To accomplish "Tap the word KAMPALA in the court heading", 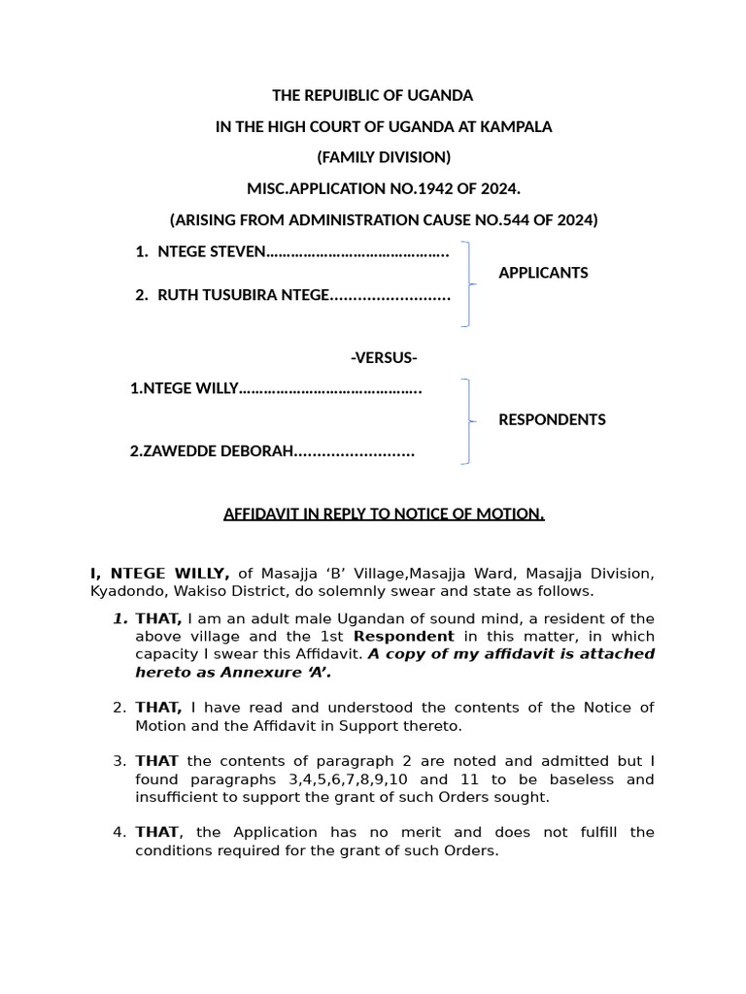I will click(512, 127).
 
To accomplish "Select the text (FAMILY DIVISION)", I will click(384, 157).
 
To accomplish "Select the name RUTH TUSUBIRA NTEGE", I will click(244, 295).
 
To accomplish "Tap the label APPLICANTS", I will click(543, 273).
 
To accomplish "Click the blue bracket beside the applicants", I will click(469, 283).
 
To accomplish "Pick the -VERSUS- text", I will click(384, 358).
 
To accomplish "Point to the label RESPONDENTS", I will click(552, 420).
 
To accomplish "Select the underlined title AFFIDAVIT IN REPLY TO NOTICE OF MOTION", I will click(384, 514).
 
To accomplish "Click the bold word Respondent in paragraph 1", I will click(403, 637).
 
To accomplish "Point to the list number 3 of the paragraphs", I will click(119, 761).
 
